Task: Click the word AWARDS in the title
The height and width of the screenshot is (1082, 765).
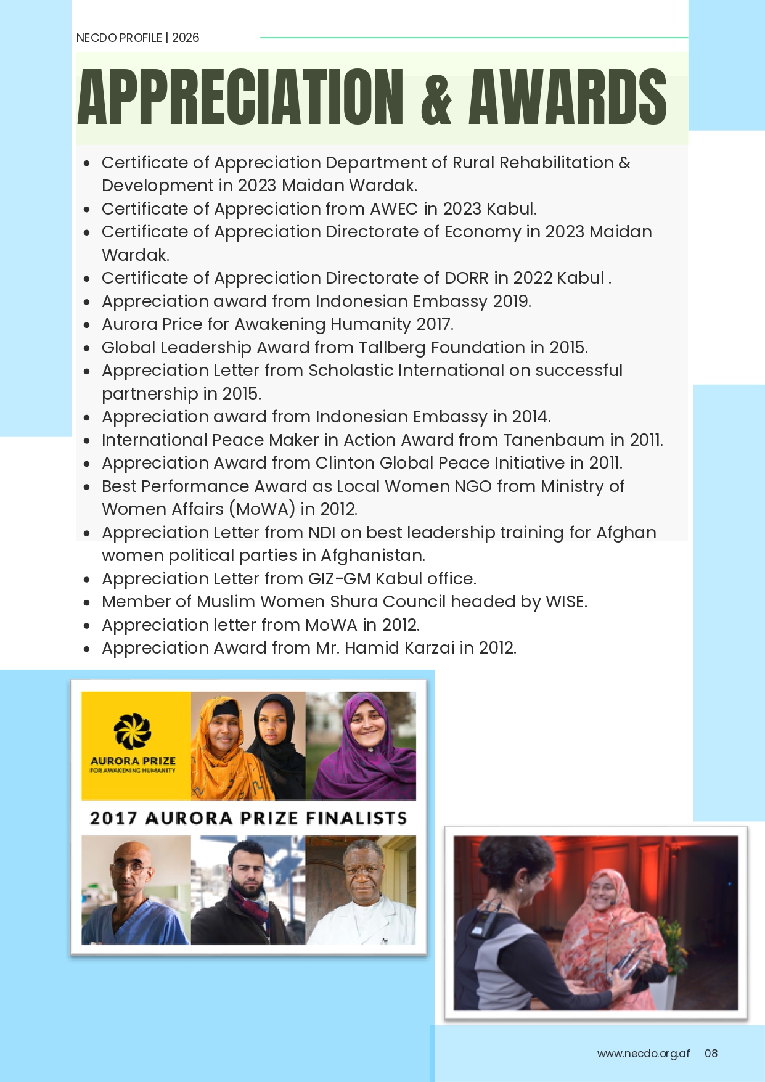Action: click(567, 97)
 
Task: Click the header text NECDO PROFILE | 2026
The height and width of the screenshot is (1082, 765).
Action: click(137, 38)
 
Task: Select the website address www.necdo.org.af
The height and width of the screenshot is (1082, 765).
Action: click(643, 1053)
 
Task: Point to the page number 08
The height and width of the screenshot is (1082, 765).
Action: click(711, 1053)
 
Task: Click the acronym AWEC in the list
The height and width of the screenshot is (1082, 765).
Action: click(394, 209)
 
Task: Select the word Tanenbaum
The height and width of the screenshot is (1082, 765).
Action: click(554, 440)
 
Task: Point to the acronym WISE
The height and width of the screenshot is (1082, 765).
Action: click(565, 602)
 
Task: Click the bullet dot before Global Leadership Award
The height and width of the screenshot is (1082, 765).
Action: click(87, 348)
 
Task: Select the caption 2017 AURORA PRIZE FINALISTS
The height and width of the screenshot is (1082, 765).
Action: click(248, 818)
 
